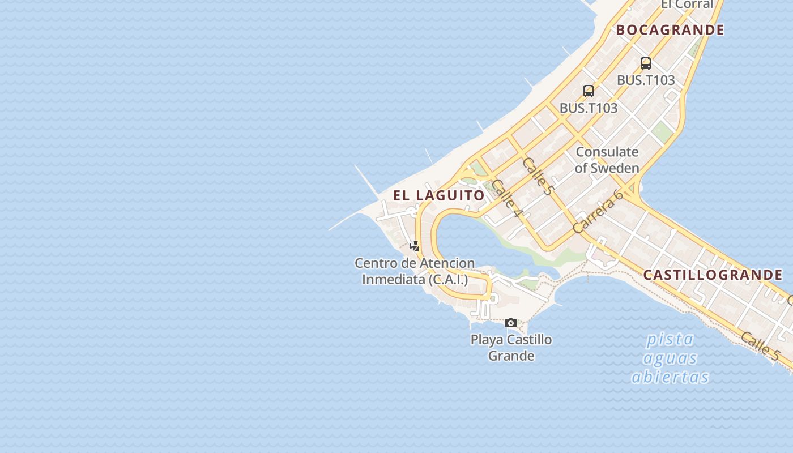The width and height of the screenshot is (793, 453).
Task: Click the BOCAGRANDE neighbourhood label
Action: tap(670, 30)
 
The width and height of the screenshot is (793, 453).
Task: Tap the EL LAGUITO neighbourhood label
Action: tap(439, 196)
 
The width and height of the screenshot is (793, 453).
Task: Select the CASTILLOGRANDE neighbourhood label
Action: tap(713, 276)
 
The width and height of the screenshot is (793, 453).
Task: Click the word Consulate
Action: tap(607, 152)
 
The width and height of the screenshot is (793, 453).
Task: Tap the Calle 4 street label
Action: tap(506, 198)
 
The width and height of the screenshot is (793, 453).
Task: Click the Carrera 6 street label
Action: tap(598, 211)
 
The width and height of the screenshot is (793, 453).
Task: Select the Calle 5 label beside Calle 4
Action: tap(537, 176)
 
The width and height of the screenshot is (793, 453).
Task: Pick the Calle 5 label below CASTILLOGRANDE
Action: tap(760, 346)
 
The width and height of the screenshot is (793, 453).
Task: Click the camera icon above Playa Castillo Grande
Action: tap(511, 323)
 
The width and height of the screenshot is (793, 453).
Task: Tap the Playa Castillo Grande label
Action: tap(511, 348)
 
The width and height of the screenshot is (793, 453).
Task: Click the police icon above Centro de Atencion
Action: tap(415, 246)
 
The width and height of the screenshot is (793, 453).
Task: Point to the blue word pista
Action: tap(670, 340)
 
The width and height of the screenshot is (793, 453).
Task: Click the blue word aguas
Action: tap(670, 358)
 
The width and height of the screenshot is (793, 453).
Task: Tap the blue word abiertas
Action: tap(670, 377)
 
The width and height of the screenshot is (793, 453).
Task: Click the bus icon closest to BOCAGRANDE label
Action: tap(646, 63)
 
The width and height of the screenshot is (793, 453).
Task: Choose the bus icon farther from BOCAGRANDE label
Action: tap(589, 91)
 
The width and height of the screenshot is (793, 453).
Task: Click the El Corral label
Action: tap(687, 5)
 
